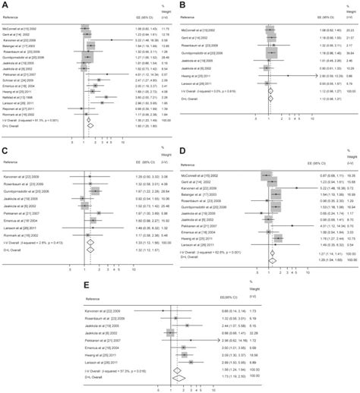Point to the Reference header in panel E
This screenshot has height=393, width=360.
(x=96, y=302)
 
